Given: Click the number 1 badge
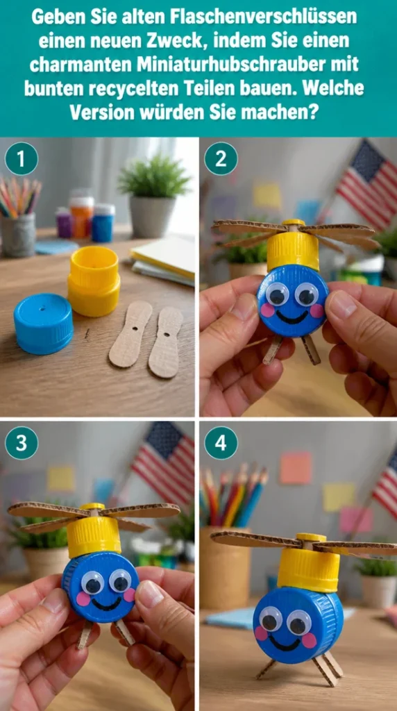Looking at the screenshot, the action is (22, 159).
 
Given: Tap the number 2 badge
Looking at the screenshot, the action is (221, 159).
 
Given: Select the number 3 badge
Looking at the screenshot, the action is (22, 443).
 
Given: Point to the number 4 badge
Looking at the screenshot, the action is (221, 443).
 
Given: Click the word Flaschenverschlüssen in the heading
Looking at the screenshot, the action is (264, 17).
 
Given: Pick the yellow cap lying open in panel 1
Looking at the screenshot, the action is (94, 281).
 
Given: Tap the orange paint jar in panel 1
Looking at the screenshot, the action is (82, 216).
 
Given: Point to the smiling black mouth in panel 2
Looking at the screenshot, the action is (291, 316).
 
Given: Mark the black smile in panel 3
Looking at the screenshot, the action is (106, 601).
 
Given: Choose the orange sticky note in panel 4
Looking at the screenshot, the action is (296, 467).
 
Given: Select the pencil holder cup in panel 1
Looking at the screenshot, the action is (19, 235).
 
